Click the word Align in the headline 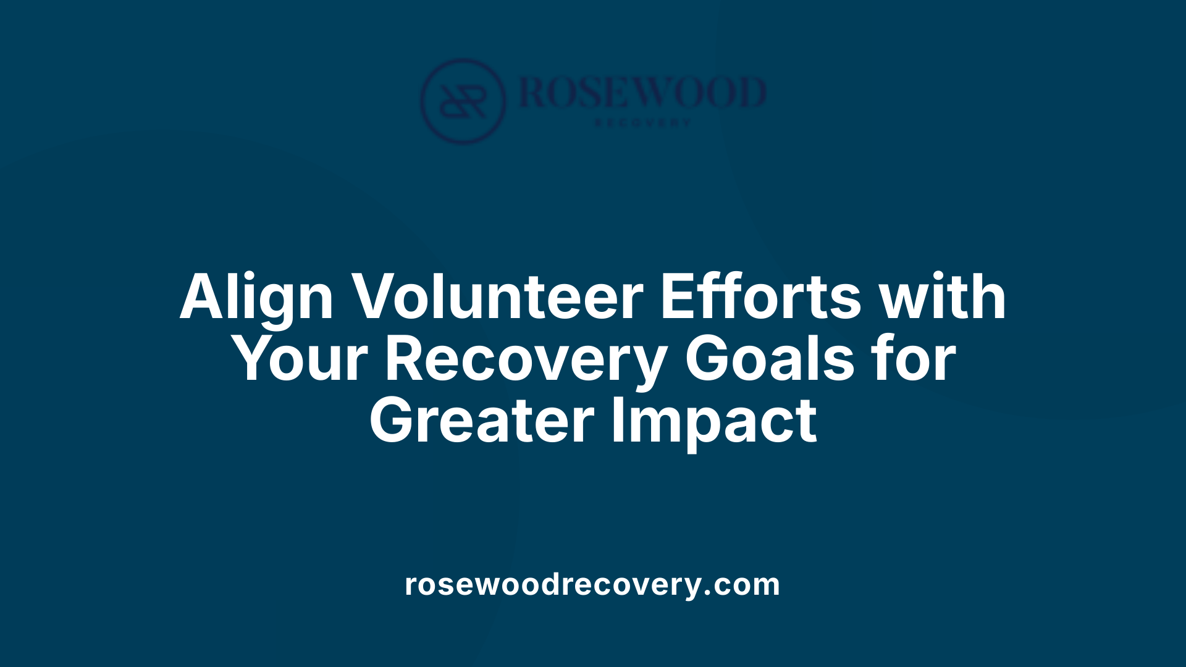coord(256,298)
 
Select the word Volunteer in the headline coord(498,297)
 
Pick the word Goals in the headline coord(770,359)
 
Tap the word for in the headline coord(917,359)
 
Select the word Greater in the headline coord(482,421)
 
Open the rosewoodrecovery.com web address coord(592,584)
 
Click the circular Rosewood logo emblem coord(463,101)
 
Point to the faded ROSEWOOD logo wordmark coord(642,93)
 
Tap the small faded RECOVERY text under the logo coord(642,123)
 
